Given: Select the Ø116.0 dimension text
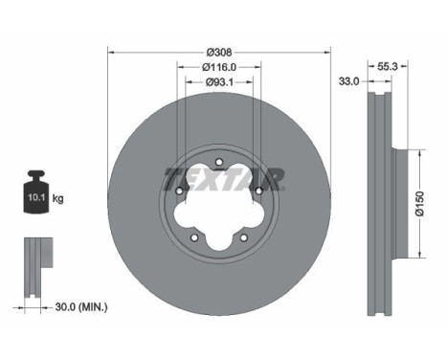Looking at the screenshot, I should coord(219,67).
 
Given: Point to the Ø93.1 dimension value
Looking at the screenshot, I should coord(219,83).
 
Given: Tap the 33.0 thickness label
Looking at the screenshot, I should coord(348,82).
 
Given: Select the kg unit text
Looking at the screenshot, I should coord(58,199).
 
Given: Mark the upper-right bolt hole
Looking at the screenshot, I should coord(257,191).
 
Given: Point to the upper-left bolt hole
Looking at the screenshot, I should coord(179,191).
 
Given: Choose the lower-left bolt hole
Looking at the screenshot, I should coord(194,237).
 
